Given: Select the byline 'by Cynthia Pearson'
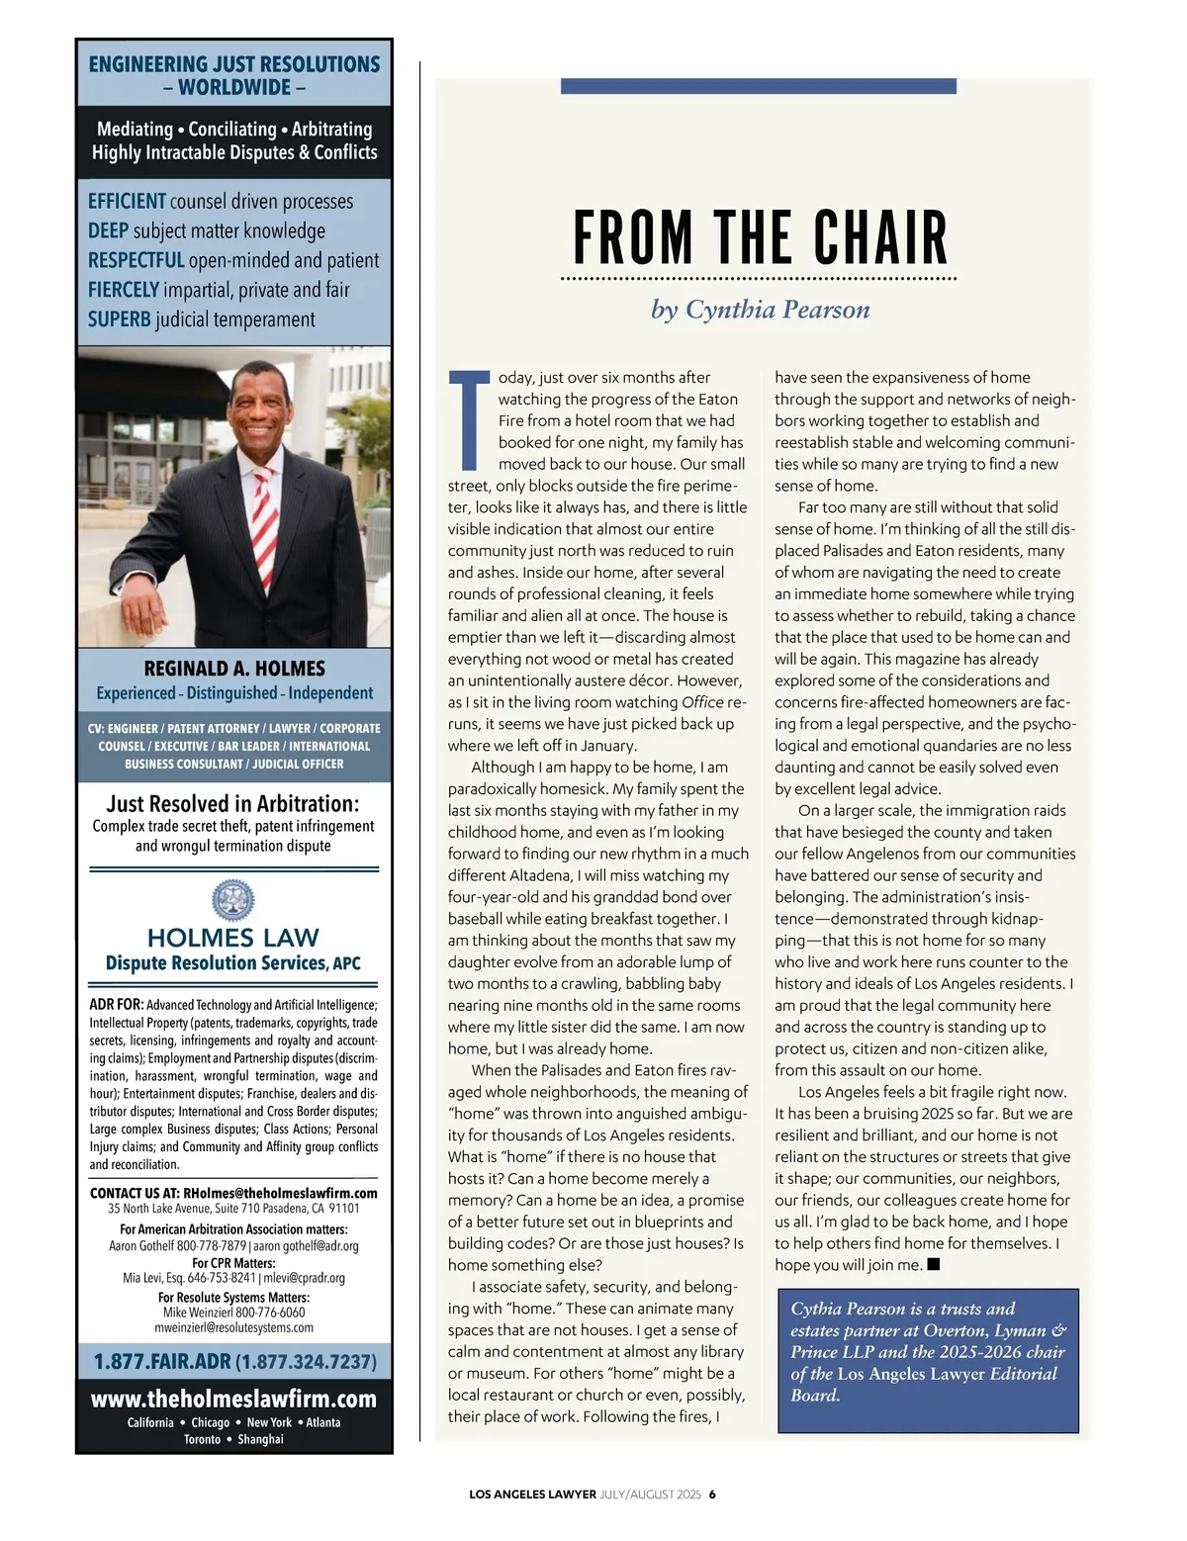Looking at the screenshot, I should point(760,310).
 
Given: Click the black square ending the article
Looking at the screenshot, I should point(933,1264).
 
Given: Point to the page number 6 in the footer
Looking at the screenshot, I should point(711,1495).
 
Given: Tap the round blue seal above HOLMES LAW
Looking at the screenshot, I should point(233,901).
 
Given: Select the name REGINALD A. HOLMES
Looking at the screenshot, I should point(234,669).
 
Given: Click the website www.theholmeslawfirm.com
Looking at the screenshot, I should point(233,1399).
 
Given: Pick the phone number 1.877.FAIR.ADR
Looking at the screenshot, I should point(162,1362).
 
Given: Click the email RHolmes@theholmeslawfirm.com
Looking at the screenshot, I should point(280,1193).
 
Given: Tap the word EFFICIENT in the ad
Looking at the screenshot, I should point(127,202).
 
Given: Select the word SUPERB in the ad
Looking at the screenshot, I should point(119,319).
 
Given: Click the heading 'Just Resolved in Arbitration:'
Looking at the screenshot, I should point(233,803).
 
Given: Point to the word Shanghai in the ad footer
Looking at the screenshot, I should point(260,1439).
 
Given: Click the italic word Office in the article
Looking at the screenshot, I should point(702,702).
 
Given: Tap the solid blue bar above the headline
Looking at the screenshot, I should point(758,86).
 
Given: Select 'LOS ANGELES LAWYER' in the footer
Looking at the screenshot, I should point(532,1495).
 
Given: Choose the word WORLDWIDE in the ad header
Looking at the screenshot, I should point(234,87).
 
